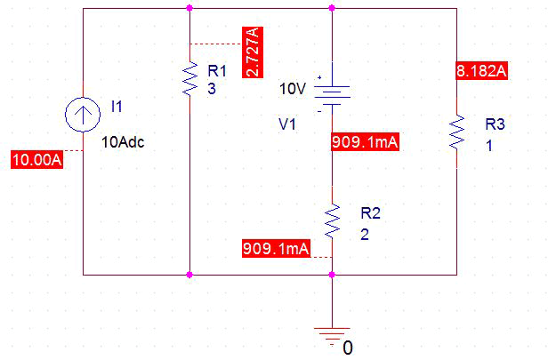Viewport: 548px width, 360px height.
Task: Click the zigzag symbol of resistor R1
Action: (189, 79)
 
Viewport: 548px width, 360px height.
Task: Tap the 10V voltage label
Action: (292, 89)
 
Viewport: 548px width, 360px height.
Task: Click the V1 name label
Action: (288, 125)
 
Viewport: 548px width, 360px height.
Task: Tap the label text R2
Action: (370, 213)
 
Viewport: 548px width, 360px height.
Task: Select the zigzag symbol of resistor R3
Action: (457, 131)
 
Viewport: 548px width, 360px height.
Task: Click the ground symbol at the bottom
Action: (332, 332)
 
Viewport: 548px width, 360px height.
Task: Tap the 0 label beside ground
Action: (349, 346)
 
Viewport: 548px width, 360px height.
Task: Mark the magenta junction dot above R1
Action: (189, 8)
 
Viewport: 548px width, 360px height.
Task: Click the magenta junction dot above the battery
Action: (332, 8)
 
